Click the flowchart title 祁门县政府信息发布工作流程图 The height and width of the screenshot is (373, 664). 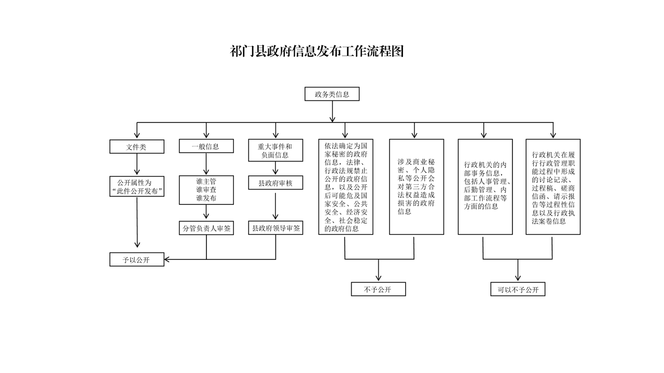pyautogui.click(x=316, y=51)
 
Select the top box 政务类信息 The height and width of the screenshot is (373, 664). pyautogui.click(x=332, y=94)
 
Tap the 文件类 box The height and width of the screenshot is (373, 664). pyautogui.click(x=136, y=146)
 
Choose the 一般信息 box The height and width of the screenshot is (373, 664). pyautogui.click(x=206, y=146)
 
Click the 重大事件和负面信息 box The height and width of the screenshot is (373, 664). pyautogui.click(x=275, y=150)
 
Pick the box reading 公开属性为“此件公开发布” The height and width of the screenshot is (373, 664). pyautogui.click(x=136, y=186)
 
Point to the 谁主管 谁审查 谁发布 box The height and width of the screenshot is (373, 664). pyautogui.click(x=206, y=190)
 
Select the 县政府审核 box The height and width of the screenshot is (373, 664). pyautogui.click(x=275, y=183)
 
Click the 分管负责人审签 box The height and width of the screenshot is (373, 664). pyautogui.click(x=206, y=228)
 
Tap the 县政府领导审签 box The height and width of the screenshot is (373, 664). pyautogui.click(x=275, y=228)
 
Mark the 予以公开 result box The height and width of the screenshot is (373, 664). pyautogui.click(x=136, y=259)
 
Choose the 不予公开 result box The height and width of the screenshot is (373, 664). pyautogui.click(x=378, y=289)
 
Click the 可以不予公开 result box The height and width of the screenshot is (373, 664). pyautogui.click(x=518, y=289)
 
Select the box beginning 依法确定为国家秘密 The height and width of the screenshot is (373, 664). pyautogui.click(x=345, y=187)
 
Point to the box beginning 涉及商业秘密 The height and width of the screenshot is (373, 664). pyautogui.click(x=417, y=187)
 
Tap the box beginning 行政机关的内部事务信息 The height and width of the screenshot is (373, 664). pyautogui.click(x=485, y=187)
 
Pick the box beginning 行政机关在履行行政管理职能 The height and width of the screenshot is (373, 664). pyautogui.click(x=553, y=187)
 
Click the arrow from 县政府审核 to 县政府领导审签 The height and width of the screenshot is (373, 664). pyautogui.click(x=275, y=206)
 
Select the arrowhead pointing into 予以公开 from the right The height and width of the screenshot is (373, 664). pyautogui.click(x=167, y=259)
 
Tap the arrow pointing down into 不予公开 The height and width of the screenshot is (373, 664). pyautogui.click(x=378, y=270)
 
